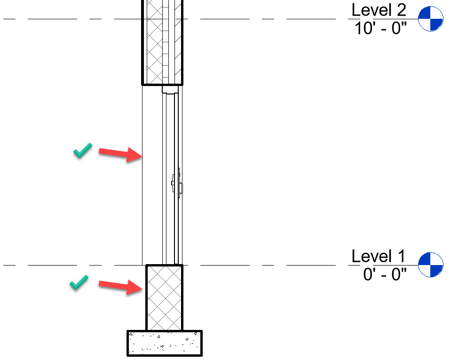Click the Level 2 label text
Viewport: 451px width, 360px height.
[378, 10]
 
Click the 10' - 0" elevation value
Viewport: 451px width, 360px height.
[380, 28]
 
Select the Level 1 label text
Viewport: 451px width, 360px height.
[378, 257]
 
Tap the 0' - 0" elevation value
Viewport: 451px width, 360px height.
[385, 274]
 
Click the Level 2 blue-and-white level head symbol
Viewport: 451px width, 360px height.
[430, 19]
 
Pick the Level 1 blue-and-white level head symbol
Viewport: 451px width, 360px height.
[430, 265]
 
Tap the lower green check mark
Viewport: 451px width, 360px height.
[79, 282]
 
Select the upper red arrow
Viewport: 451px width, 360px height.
[119, 154]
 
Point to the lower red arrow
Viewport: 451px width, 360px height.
[119, 286]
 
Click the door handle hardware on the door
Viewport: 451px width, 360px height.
[177, 183]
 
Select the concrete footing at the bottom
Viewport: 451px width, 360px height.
[164, 343]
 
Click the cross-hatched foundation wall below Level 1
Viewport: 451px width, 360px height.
[164, 297]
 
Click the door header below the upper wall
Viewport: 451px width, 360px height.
[170, 89]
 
